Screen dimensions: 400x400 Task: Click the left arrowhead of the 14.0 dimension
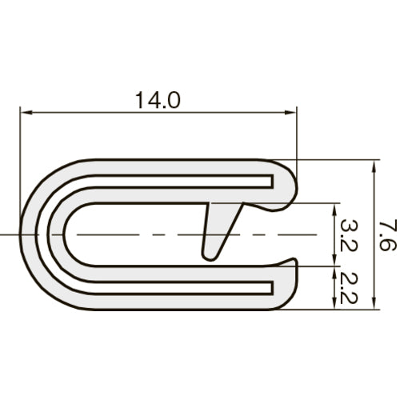pos(24,113)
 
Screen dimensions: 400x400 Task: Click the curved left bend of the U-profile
pos(36,234)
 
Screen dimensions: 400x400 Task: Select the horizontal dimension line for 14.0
pos(96,113)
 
